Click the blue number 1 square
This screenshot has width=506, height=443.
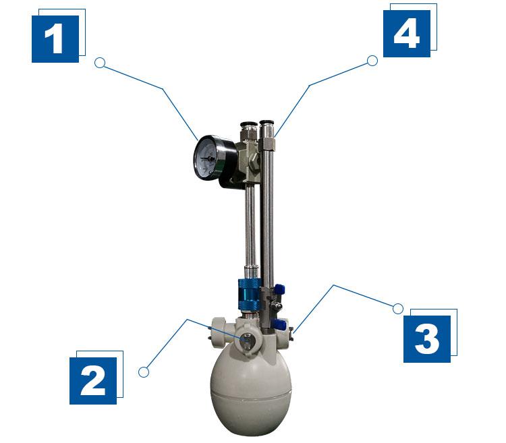click(55, 39)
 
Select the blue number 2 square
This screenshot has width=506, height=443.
click(93, 380)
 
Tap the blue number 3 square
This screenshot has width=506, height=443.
click(427, 339)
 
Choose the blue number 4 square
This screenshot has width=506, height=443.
click(407, 34)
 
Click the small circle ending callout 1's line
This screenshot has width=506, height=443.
click(100, 63)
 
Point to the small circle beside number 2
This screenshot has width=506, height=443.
click(144, 372)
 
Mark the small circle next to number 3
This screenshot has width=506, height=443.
click(398, 309)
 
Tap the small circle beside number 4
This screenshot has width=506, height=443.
click(372, 61)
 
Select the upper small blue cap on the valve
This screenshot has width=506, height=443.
click(279, 289)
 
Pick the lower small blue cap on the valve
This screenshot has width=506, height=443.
click(279, 324)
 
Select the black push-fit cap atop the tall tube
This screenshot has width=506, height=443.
click(266, 123)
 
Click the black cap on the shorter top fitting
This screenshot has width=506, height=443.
click(247, 124)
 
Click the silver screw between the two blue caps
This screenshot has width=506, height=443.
click(276, 305)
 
